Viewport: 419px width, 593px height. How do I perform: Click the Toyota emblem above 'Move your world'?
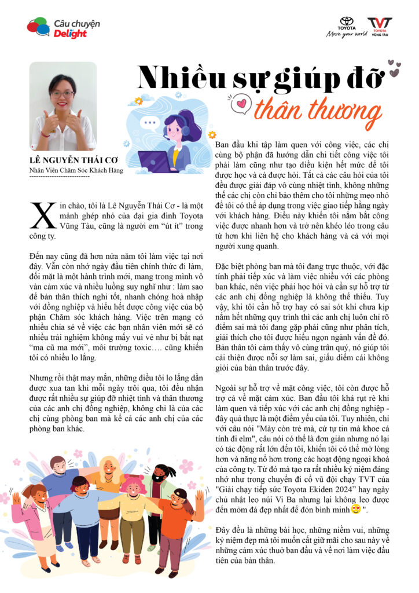coord(347,22)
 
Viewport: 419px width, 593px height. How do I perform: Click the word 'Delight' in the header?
coord(70,34)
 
